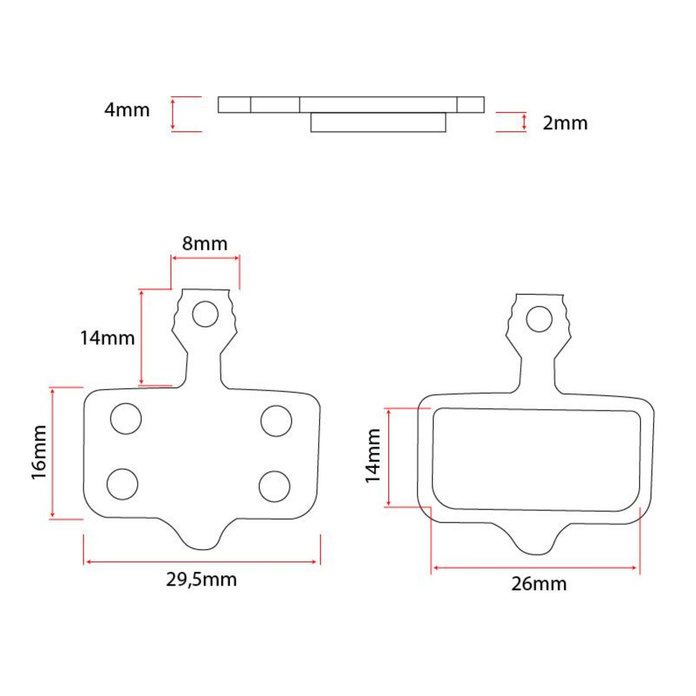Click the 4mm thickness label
[x=126, y=110]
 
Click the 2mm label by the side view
[x=565, y=123]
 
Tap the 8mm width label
[x=205, y=244]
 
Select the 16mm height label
[x=39, y=452]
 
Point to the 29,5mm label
[x=201, y=579]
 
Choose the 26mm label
[x=539, y=583]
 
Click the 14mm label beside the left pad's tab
[x=107, y=338]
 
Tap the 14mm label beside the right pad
[x=372, y=456]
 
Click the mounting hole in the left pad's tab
[x=205, y=314]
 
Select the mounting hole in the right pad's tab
[x=539, y=319]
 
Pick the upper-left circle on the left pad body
[x=126, y=418]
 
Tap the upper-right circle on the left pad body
[x=276, y=421]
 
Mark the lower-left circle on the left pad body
[x=123, y=483]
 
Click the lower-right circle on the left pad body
[x=274, y=486]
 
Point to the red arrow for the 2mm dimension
[x=524, y=122]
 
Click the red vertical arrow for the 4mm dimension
[x=173, y=114]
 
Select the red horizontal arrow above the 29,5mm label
[x=201, y=561]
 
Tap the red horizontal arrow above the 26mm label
[x=535, y=568]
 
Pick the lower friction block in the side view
[x=378, y=122]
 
